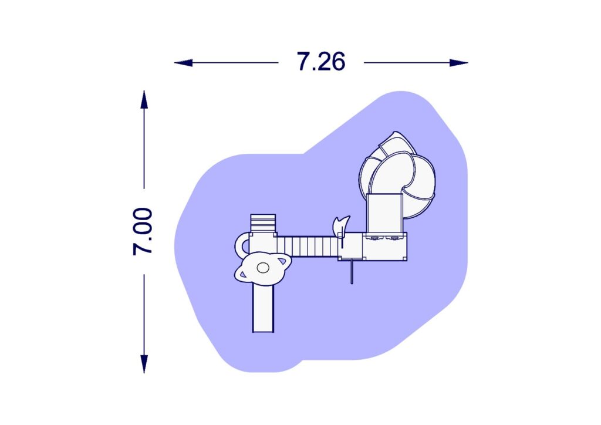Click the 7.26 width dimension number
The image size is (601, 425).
pyautogui.click(x=321, y=62)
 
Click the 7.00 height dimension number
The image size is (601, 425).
pyautogui.click(x=143, y=231)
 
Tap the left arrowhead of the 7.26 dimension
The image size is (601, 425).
pyautogui.click(x=183, y=62)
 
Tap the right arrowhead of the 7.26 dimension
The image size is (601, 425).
pyautogui.click(x=459, y=62)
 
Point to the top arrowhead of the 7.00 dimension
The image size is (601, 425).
pyautogui.click(x=144, y=100)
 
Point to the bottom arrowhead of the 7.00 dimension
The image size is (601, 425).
pyautogui.click(x=144, y=364)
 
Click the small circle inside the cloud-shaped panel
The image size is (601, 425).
pyautogui.click(x=263, y=268)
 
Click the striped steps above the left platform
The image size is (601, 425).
pyautogui.click(x=263, y=223)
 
